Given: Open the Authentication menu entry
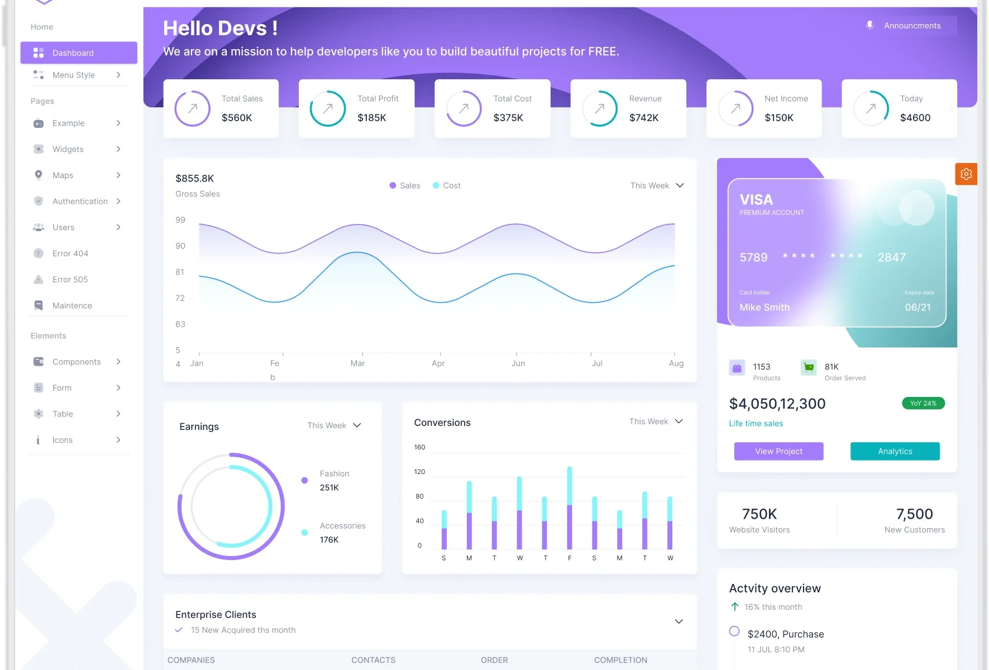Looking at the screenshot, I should click(x=80, y=202).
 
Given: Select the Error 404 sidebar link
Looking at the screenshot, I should click(x=70, y=253).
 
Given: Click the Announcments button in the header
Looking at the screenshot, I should click(x=911, y=26).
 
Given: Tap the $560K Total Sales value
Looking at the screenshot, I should click(x=237, y=118).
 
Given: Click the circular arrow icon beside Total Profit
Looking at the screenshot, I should click(x=328, y=108).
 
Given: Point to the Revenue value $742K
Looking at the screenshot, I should click(x=644, y=118).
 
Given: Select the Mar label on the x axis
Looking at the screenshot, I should click(x=357, y=363).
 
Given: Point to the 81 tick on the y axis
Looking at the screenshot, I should click(x=180, y=272).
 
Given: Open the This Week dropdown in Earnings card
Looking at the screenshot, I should click(x=334, y=425).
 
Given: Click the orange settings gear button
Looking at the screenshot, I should click(x=966, y=174).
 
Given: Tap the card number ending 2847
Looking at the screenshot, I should click(x=891, y=257).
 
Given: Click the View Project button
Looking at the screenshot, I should click(x=778, y=451).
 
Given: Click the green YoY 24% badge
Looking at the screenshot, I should click(x=923, y=403).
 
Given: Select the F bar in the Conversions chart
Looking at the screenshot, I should click(x=570, y=508).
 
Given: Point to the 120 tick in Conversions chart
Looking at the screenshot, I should click(x=419, y=472).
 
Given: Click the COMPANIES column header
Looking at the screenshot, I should click(x=191, y=660).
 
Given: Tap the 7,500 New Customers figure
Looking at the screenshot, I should click(x=914, y=514).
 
